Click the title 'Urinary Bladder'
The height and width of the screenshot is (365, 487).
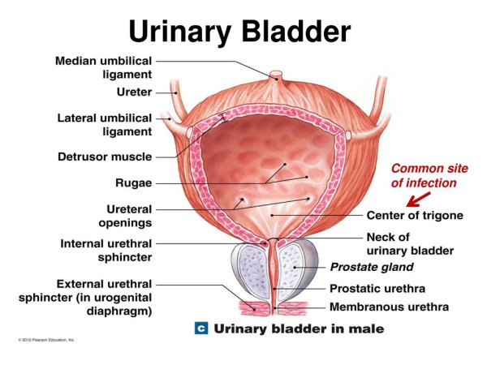(239, 32)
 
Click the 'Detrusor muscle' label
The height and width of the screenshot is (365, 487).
(105, 157)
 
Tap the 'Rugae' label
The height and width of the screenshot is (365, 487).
(134, 182)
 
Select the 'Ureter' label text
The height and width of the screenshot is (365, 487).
(134, 92)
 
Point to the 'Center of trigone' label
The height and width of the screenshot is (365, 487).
(415, 215)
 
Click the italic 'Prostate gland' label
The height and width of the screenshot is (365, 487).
(372, 267)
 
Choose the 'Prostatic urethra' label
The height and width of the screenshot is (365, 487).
(377, 288)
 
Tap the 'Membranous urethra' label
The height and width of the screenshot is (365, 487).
(389, 307)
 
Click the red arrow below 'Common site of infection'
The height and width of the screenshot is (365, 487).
(418, 200)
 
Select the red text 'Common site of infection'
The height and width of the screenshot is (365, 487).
(429, 176)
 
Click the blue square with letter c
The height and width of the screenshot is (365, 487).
(201, 328)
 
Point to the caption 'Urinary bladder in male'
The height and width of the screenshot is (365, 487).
(299, 328)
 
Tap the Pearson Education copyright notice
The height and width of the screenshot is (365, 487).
(46, 340)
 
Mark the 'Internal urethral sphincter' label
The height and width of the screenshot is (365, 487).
(106, 250)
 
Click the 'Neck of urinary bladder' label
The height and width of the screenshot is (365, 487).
(410, 244)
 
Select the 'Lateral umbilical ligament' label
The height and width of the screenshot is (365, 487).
(105, 125)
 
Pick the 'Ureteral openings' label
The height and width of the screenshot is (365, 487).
(125, 216)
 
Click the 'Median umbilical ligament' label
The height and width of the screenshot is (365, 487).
(103, 67)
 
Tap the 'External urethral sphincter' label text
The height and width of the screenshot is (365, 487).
(85, 298)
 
